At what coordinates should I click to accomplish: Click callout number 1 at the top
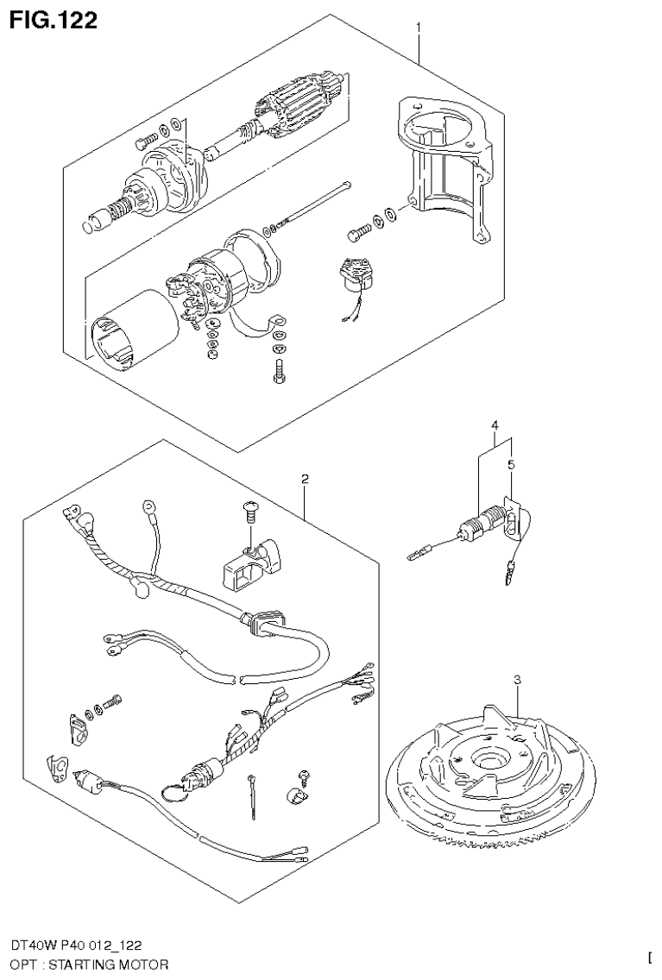[x=419, y=28]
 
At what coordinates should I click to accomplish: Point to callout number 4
[x=495, y=424]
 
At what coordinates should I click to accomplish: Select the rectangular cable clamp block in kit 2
[x=251, y=563]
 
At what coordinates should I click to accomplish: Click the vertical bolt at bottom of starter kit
[x=277, y=372]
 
